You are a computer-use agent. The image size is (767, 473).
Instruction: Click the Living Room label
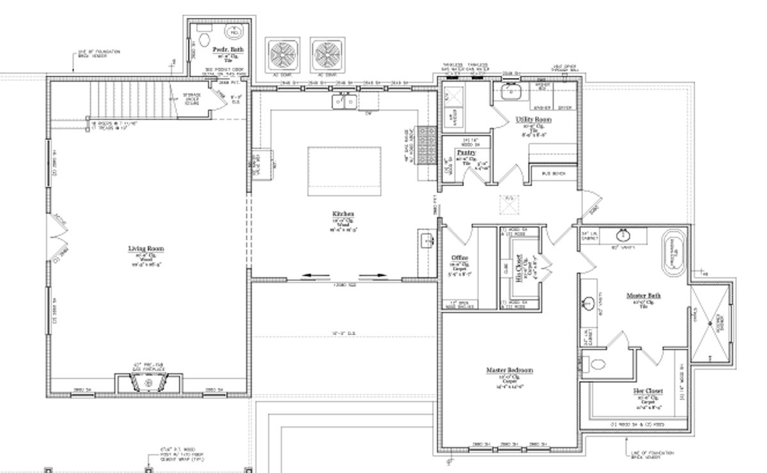146,249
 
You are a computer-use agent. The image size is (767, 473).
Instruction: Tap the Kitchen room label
343,213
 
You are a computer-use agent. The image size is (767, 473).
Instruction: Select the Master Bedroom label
509,370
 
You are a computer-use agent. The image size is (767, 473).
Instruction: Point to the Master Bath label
643,295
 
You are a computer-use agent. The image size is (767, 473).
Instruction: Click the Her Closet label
647,391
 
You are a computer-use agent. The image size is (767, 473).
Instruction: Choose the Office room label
460,258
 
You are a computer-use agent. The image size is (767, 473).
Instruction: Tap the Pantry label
465,153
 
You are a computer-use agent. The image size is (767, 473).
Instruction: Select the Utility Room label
534,120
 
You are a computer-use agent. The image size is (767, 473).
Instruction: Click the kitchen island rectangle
345,171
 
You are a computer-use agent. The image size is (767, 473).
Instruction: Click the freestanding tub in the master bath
672,254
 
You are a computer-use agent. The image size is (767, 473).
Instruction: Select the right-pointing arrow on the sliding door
376,276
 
